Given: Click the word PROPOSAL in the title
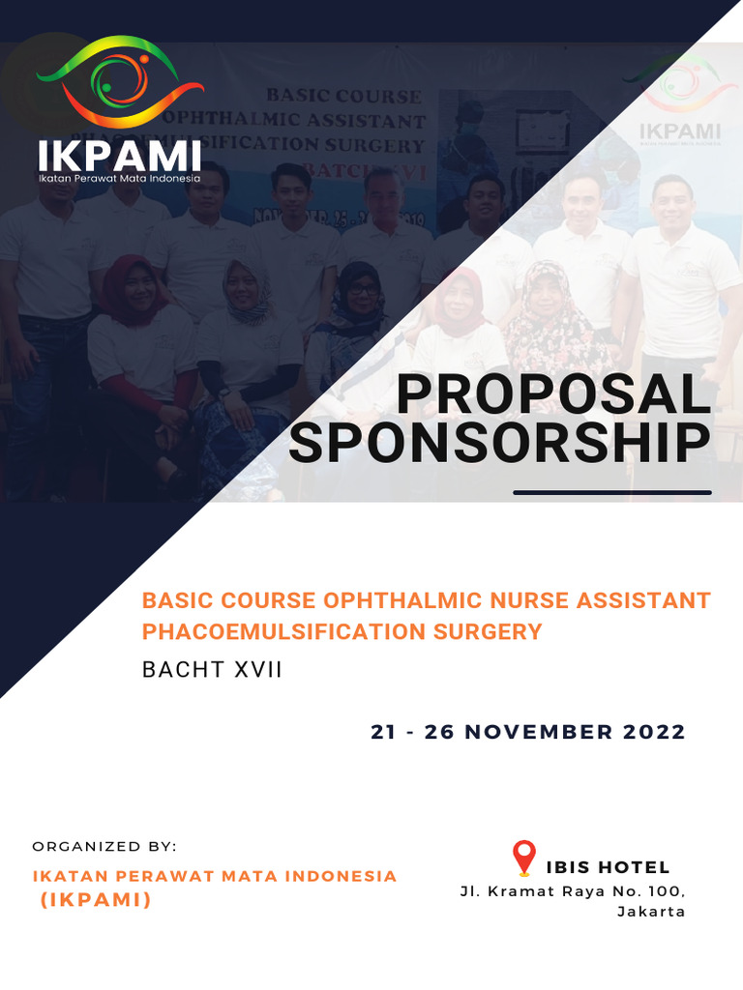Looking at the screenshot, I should pyautogui.click(x=552, y=394).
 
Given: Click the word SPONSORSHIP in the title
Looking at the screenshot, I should pyautogui.click(x=499, y=443).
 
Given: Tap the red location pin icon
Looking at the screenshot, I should pyautogui.click(x=523, y=858).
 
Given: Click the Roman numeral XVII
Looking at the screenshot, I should pyautogui.click(x=256, y=669).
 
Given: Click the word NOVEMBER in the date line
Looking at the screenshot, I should pyautogui.click(x=530, y=732).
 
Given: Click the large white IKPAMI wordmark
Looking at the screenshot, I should pyautogui.click(x=120, y=157).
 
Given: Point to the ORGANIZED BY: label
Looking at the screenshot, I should pyautogui.click(x=104, y=846).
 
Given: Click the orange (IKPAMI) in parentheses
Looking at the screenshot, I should pyautogui.click(x=96, y=900).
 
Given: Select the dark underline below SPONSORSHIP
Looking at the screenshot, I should pyautogui.click(x=612, y=492).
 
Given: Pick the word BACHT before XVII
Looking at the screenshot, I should pyautogui.click(x=184, y=669).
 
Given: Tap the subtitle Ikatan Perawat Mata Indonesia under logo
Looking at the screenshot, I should pyautogui.click(x=119, y=178).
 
